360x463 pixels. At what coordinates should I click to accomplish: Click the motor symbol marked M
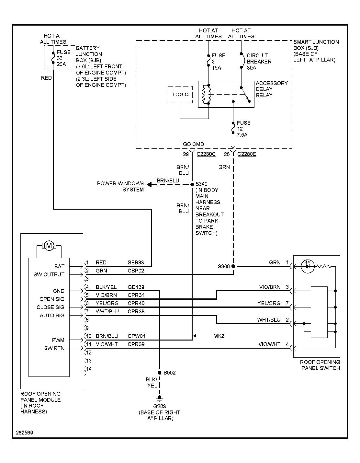[x=49, y=246]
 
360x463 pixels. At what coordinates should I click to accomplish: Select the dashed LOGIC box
[x=180, y=95]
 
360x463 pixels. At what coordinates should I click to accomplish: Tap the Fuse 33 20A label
[x=63, y=58]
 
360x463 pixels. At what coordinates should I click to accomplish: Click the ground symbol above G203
[x=159, y=398]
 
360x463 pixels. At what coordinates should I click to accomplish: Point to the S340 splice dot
[x=192, y=184]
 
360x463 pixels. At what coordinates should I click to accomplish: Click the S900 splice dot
[x=233, y=266]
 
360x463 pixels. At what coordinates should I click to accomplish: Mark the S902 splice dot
[x=159, y=373]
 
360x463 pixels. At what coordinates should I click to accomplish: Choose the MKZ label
[x=219, y=336]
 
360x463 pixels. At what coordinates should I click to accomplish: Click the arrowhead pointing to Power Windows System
[x=150, y=184]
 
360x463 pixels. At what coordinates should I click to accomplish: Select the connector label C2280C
[x=206, y=154]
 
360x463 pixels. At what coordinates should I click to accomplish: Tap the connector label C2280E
[x=247, y=154]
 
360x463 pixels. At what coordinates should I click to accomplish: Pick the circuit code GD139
[x=136, y=287]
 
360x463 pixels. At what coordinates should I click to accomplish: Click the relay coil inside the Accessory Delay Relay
[x=206, y=95]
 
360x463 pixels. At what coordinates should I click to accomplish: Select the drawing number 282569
[x=24, y=433]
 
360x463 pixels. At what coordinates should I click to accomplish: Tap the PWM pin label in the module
[x=58, y=340]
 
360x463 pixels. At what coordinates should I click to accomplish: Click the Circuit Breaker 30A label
[x=259, y=62]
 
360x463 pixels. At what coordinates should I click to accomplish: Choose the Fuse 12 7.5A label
[x=243, y=129]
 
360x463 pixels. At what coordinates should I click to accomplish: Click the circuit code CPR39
[x=136, y=344]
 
